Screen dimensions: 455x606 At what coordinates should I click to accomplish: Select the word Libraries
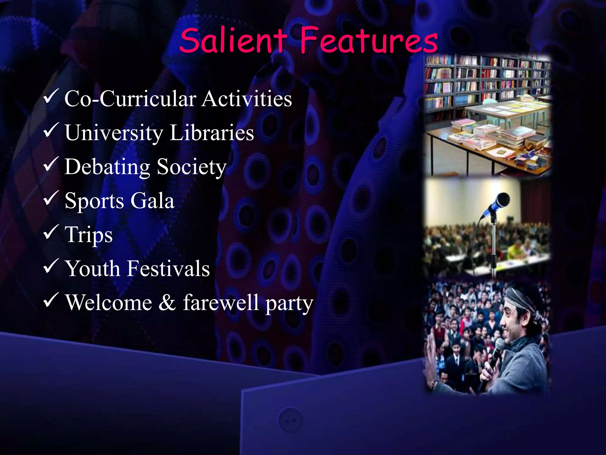(x=212, y=133)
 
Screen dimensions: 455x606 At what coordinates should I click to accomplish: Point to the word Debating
(x=107, y=167)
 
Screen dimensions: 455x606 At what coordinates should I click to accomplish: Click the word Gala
(x=152, y=201)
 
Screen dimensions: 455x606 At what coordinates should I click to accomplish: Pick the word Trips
(x=89, y=235)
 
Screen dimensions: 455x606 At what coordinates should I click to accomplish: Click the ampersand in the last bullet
(x=167, y=302)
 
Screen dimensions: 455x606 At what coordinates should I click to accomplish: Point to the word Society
(x=191, y=167)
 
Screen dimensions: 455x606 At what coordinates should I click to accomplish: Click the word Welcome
(x=109, y=302)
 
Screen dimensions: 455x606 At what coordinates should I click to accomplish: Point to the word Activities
(x=247, y=99)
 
